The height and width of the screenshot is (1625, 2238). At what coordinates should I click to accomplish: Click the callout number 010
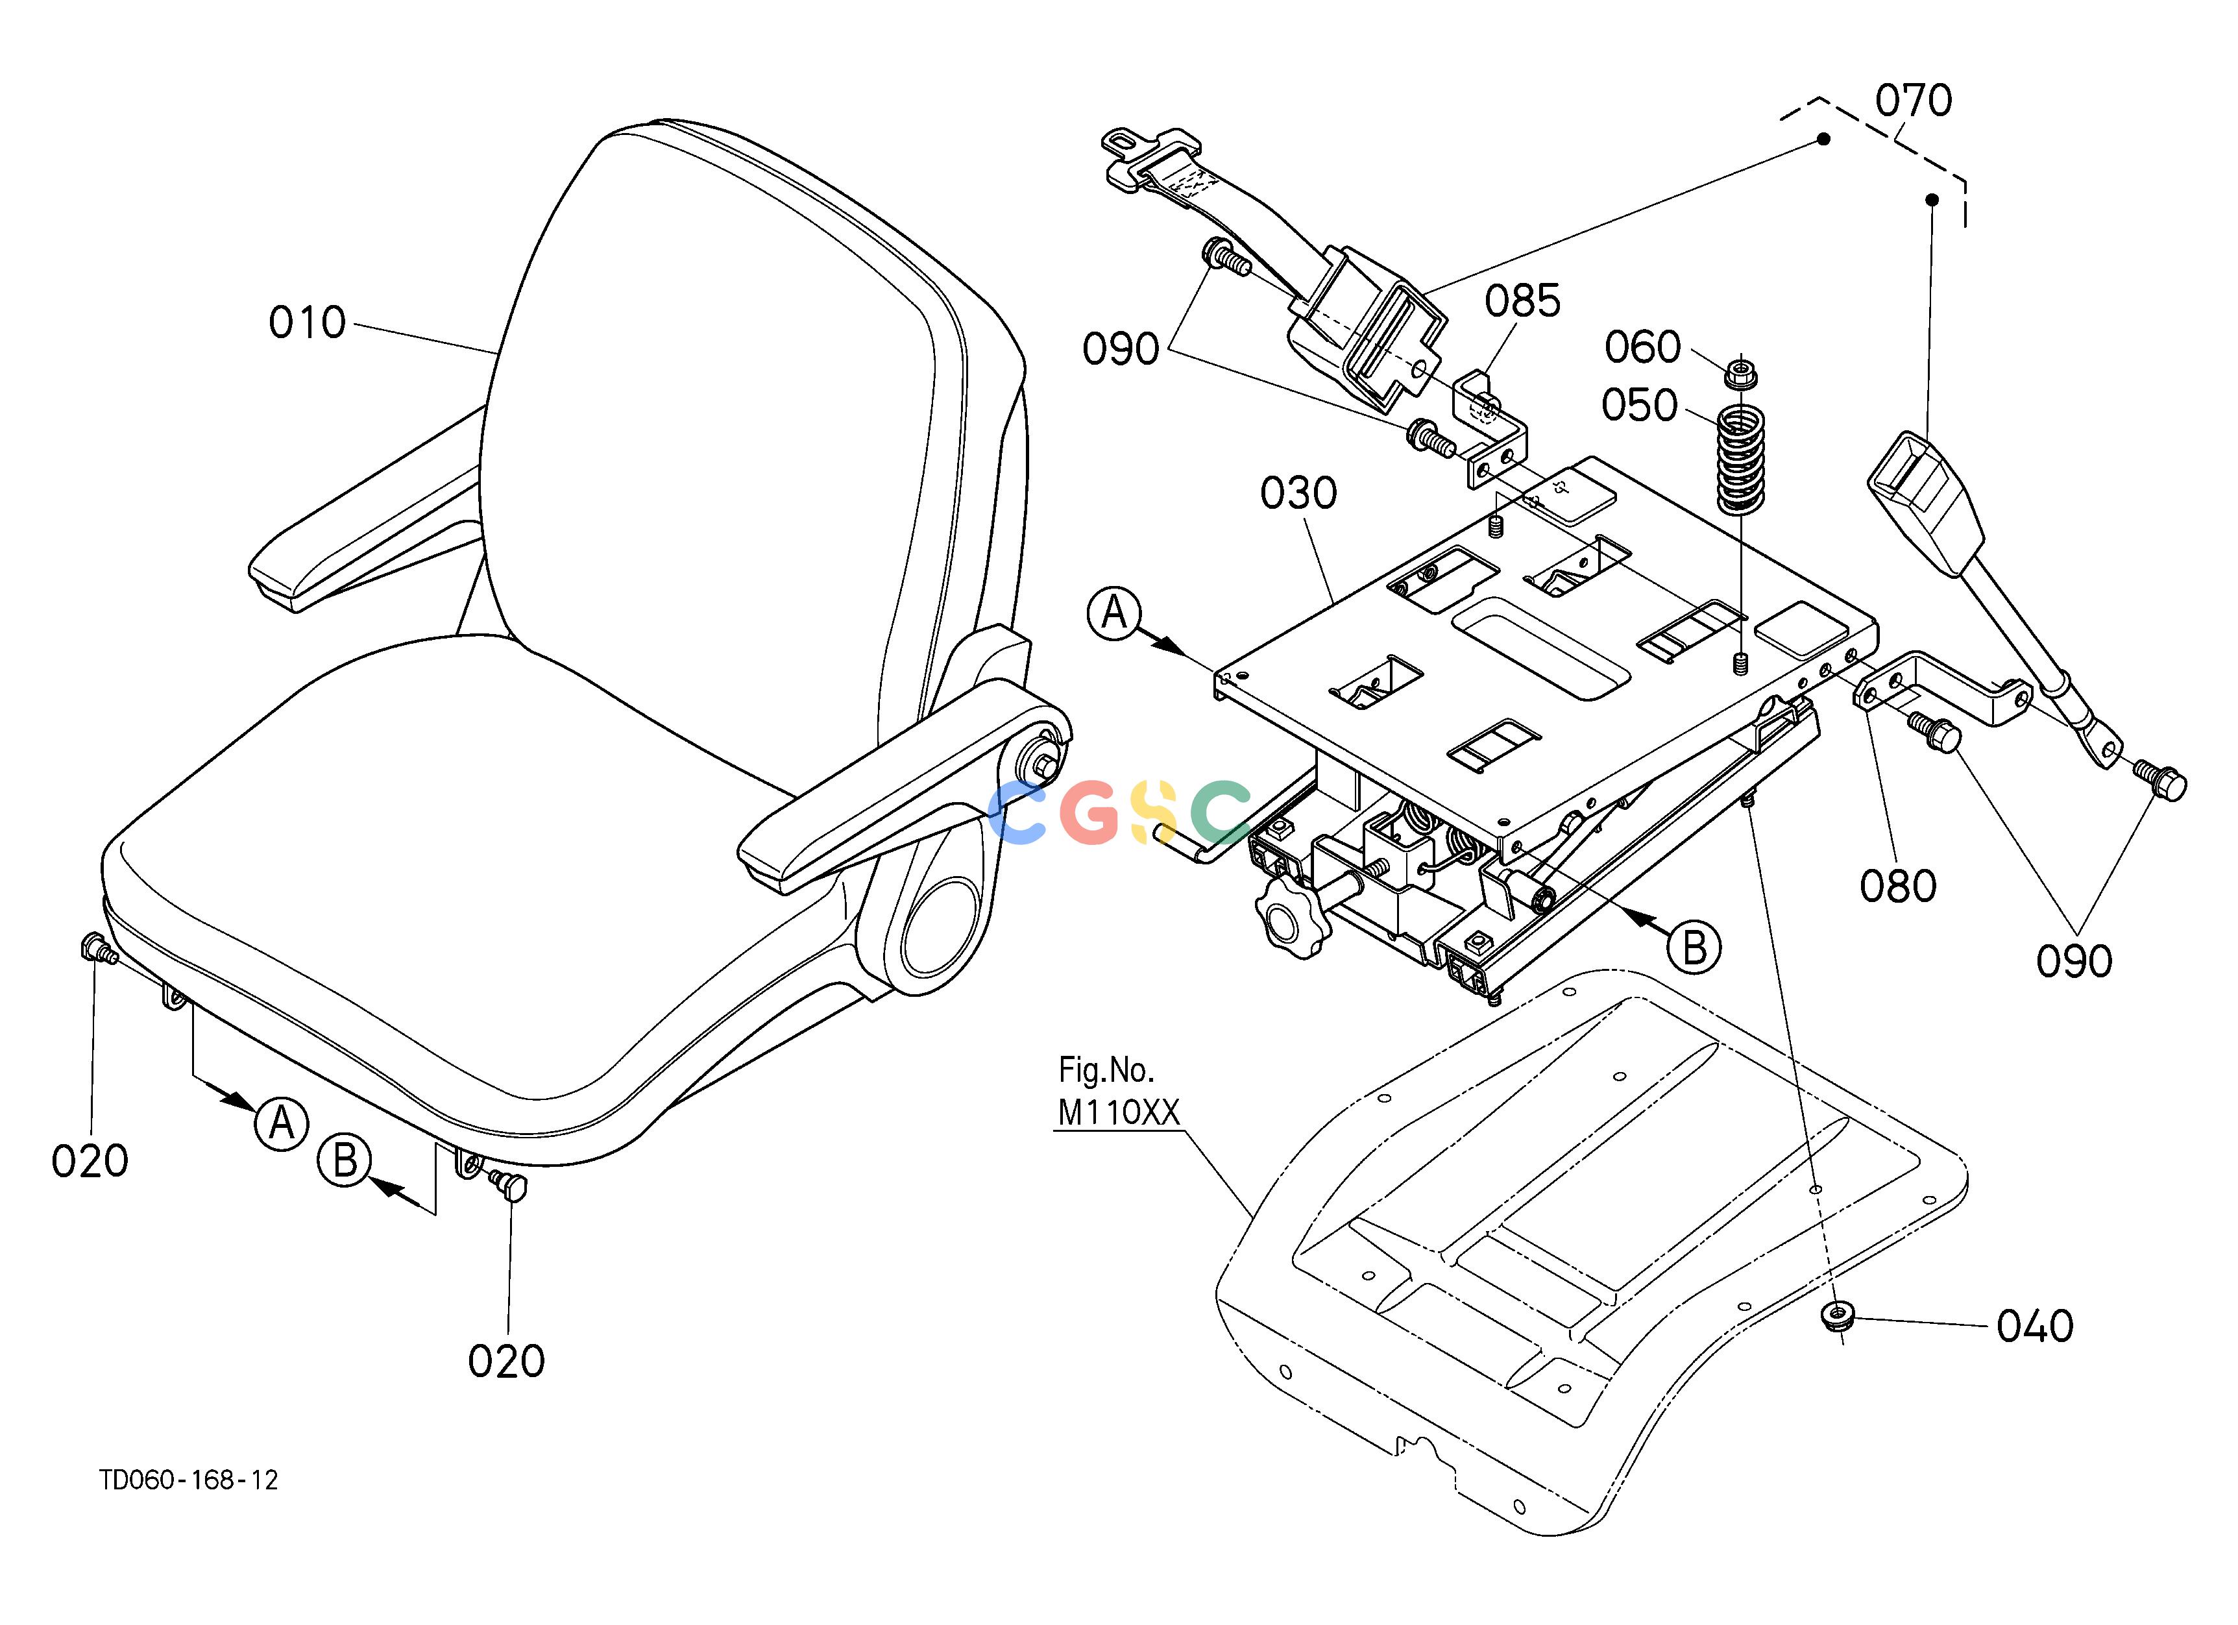[307, 323]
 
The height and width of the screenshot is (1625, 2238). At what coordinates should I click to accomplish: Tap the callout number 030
[1298, 493]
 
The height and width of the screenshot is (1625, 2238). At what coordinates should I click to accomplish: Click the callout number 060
[1642, 347]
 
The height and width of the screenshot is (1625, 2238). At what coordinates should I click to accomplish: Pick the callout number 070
[1914, 101]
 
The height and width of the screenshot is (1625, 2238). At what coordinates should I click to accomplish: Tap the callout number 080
[1897, 886]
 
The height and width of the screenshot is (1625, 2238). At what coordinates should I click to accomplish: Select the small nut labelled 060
[1740, 375]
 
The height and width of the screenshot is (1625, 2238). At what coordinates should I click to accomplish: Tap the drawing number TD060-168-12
[188, 1480]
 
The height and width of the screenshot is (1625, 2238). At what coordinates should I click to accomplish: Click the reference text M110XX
[1118, 1112]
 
